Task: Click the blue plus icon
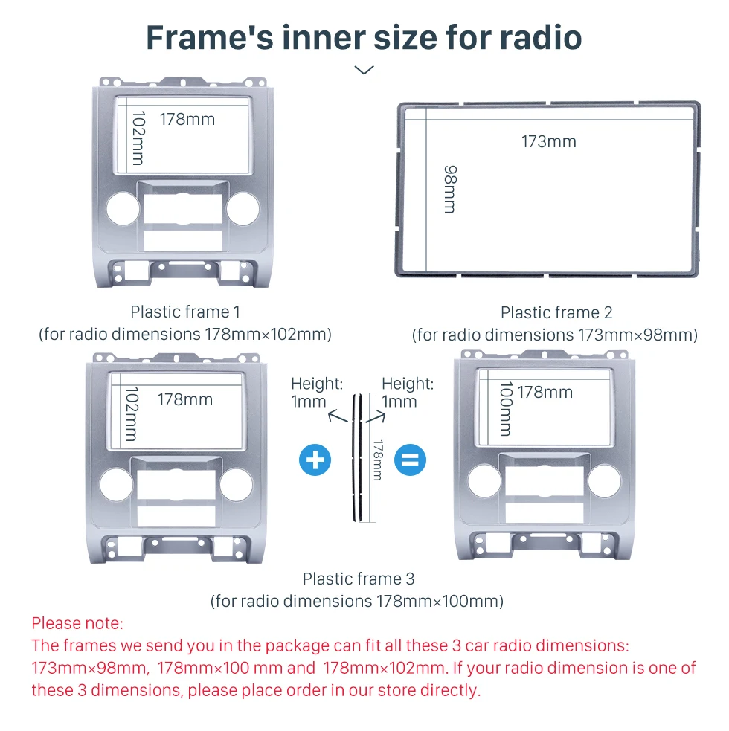pyautogui.click(x=315, y=460)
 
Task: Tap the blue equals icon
pyautogui.click(x=410, y=460)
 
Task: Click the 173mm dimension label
pyautogui.click(x=548, y=141)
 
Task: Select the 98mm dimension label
pyautogui.click(x=450, y=189)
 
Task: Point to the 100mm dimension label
pyautogui.click(x=506, y=408)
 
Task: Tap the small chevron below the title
pyautogui.click(x=364, y=70)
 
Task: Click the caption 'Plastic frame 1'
pyautogui.click(x=185, y=312)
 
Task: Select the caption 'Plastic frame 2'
pyautogui.click(x=556, y=312)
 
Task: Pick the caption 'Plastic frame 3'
pyautogui.click(x=359, y=579)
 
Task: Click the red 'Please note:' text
pyautogui.click(x=77, y=623)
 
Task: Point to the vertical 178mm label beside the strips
pyautogui.click(x=378, y=460)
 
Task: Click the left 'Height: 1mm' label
pyautogui.click(x=317, y=393)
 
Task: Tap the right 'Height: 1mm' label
pyautogui.click(x=408, y=393)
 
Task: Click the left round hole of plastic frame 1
pyautogui.click(x=123, y=208)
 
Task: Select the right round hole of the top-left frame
pyautogui.click(x=243, y=208)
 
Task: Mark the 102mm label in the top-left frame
pyautogui.click(x=138, y=138)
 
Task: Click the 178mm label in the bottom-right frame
pyautogui.click(x=545, y=392)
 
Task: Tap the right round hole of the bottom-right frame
pyautogui.click(x=605, y=480)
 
